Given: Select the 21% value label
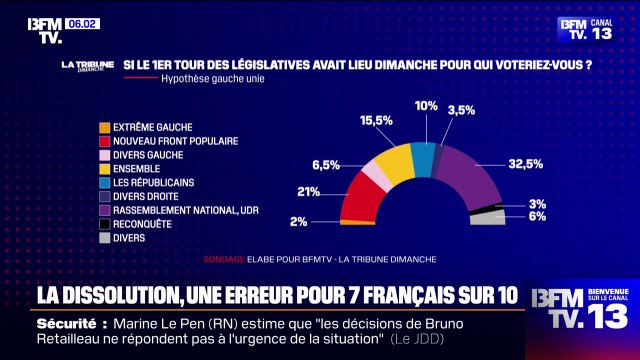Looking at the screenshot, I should (x=310, y=192).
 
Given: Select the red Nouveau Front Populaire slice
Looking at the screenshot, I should (x=357, y=197).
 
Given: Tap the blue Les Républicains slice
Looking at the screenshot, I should (x=423, y=157).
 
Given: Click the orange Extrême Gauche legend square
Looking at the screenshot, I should (x=103, y=128).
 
